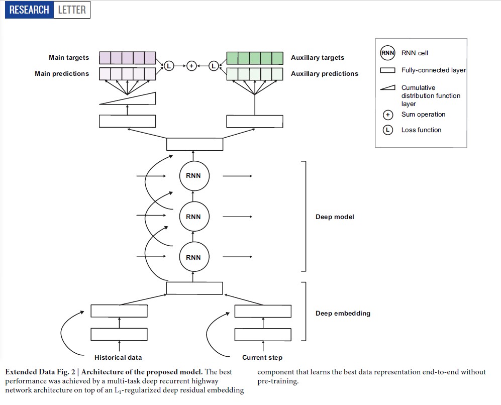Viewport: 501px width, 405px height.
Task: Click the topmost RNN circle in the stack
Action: [193, 176]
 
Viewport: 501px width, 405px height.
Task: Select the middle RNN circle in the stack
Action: [193, 217]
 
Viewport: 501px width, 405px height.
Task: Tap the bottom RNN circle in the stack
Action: [193, 257]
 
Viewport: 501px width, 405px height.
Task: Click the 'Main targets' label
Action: [69, 58]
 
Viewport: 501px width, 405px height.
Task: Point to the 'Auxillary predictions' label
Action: [325, 74]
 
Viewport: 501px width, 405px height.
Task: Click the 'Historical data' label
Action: [118, 358]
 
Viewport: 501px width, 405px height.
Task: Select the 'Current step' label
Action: [262, 358]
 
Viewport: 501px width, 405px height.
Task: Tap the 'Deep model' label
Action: [335, 217]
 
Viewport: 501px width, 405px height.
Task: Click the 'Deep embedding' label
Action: [343, 314]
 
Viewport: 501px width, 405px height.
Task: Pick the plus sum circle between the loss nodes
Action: [191, 66]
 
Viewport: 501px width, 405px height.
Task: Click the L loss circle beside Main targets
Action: [169, 66]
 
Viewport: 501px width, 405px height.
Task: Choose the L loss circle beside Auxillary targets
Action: [213, 66]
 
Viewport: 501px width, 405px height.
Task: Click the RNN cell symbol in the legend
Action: [387, 53]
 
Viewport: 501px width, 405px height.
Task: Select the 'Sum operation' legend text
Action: [423, 115]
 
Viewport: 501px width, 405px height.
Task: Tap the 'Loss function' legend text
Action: [421, 130]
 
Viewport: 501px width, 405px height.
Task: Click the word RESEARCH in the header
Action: [29, 10]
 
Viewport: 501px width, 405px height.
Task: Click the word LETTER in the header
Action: [72, 10]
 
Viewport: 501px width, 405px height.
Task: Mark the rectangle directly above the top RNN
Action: [194, 144]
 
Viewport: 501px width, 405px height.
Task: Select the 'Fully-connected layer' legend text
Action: [434, 70]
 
